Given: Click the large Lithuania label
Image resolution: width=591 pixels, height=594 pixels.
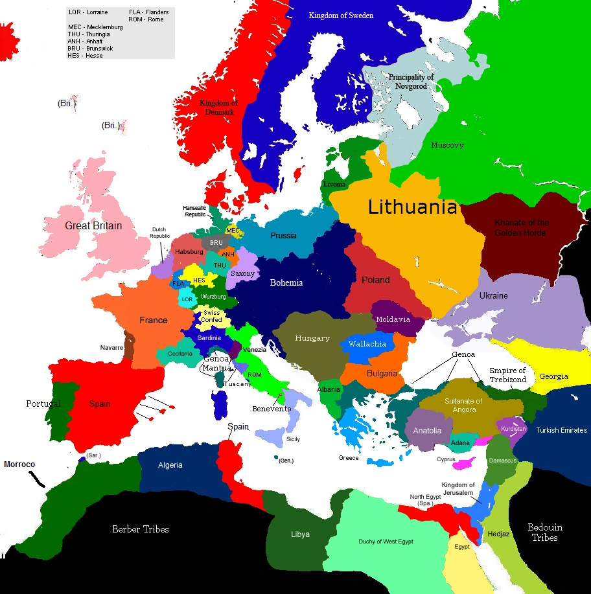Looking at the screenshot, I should [413, 208].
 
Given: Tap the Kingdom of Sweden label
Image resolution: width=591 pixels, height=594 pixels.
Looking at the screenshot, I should [341, 15].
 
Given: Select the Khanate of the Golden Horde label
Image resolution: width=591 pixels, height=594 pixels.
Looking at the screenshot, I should [521, 227].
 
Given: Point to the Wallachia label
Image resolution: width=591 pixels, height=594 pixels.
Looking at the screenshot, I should [367, 344].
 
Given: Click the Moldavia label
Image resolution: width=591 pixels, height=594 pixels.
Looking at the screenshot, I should [393, 319].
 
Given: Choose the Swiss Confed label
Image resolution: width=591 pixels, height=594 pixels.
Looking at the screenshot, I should [211, 316].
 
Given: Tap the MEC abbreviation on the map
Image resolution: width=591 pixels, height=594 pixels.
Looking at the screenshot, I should [233, 231].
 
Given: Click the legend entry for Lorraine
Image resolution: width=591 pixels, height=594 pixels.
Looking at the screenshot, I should [88, 12].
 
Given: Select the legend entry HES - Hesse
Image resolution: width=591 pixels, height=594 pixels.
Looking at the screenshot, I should [86, 56].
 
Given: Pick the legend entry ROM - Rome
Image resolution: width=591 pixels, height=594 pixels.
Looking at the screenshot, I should [146, 19].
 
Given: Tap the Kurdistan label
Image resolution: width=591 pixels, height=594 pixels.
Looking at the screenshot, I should [514, 429].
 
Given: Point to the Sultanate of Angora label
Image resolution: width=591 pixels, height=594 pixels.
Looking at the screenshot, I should [464, 406].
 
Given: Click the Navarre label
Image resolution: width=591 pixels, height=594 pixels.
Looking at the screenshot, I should [111, 348].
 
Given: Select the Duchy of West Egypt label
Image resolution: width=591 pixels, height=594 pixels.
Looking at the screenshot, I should [386, 542].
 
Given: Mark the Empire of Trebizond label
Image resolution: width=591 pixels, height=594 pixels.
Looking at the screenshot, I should [507, 375].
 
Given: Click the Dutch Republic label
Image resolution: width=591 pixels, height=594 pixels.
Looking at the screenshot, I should [159, 233].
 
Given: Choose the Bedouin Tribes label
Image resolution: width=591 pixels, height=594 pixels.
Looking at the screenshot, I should [544, 532].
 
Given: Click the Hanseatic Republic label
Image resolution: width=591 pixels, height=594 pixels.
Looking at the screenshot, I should [195, 211].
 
